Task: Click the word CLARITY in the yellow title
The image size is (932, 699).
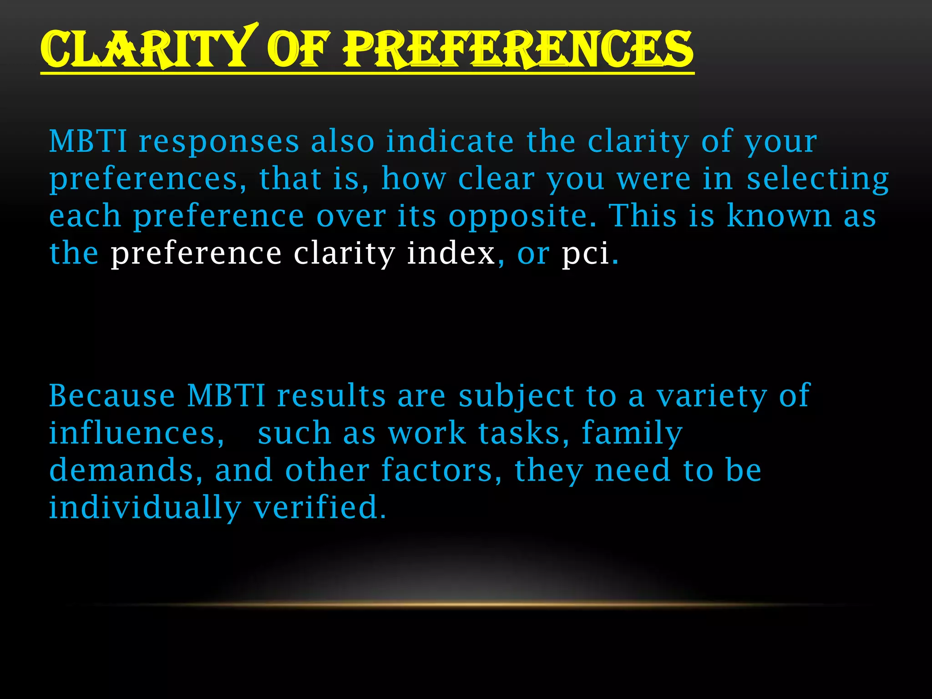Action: (x=146, y=48)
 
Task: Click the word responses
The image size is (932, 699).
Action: (x=219, y=142)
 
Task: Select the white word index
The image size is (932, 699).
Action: (x=451, y=253)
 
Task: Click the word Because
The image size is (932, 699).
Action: (x=112, y=395)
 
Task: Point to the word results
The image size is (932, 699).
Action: (x=331, y=395)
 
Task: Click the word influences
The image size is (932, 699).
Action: (x=137, y=433)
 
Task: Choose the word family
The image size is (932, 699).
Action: (x=632, y=434)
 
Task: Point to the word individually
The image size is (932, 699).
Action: (x=145, y=508)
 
